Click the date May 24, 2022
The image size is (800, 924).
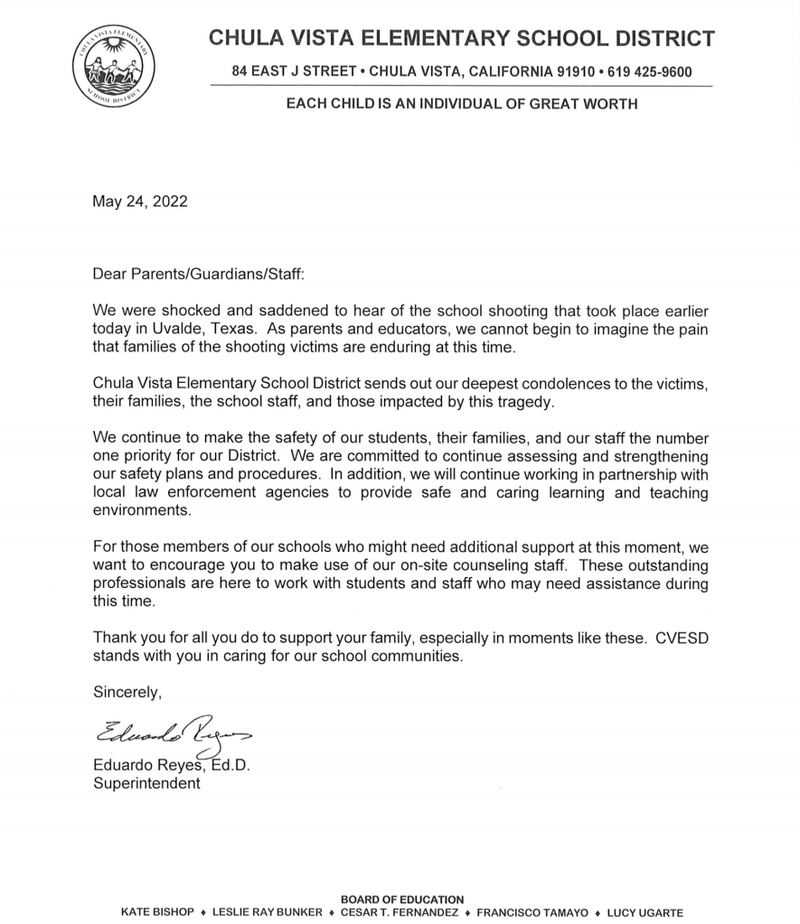tap(140, 201)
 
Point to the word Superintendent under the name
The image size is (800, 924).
tap(146, 783)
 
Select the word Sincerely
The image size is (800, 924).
tap(127, 693)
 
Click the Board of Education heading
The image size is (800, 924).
tap(401, 900)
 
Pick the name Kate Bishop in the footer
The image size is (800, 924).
tap(157, 912)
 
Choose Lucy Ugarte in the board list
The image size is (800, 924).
tap(645, 912)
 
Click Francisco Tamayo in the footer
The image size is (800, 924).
tap(529, 912)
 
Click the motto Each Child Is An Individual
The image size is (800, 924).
tap(461, 104)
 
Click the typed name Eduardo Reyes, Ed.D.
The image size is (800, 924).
tap(172, 765)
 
